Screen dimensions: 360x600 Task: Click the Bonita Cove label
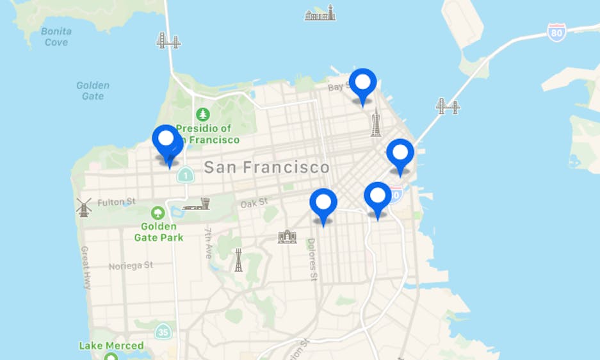55,37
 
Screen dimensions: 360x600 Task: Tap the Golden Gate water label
93,90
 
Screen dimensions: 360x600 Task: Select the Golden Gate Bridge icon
168,41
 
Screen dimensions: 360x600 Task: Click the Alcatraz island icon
320,13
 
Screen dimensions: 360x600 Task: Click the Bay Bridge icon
448,106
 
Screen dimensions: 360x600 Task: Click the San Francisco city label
266,168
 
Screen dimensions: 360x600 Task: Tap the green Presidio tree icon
203,115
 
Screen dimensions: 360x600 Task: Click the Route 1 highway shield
185,174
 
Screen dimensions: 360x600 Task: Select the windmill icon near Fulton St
84,206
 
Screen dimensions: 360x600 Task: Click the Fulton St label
116,202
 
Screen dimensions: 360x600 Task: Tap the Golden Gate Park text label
158,232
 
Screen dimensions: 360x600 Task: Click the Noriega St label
131,265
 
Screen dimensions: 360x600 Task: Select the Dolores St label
312,259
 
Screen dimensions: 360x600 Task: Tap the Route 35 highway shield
164,332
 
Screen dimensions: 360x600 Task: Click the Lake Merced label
111,345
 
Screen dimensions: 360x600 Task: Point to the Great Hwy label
86,267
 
